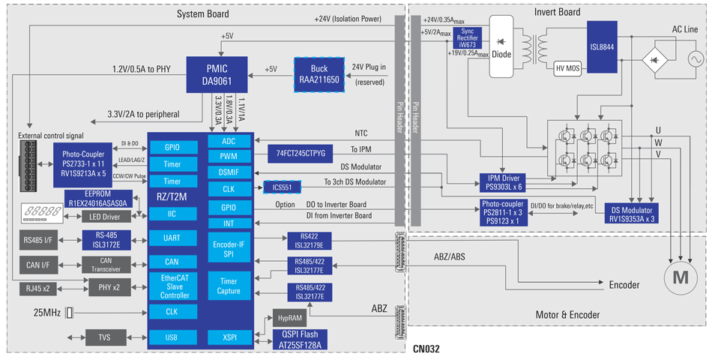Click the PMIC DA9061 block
tap(217, 73)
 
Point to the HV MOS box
tap(569, 69)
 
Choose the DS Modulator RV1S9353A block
tap(632, 214)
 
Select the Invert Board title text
tap(557, 12)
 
